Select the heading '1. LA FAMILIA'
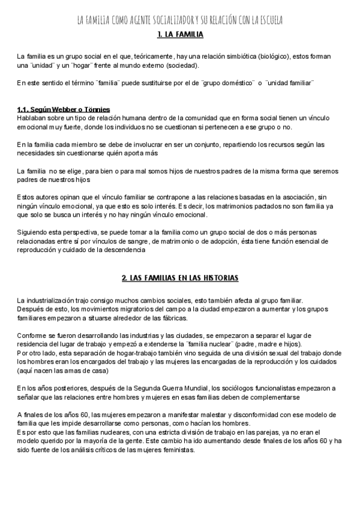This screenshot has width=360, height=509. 180,35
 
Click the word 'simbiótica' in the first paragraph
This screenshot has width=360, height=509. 233,56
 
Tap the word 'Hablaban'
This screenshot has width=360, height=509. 32,118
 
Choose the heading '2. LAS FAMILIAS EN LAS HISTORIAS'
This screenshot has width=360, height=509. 180,279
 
